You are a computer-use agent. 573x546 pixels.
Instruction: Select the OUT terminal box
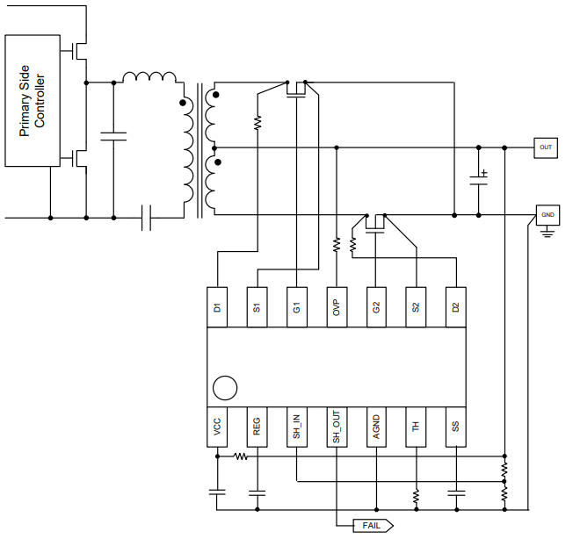point(546,147)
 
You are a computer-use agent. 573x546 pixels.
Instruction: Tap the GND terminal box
point(547,214)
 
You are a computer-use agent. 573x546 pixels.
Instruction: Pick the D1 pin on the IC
point(217,307)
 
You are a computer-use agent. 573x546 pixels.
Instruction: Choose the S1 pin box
point(257,307)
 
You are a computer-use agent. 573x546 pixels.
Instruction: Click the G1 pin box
point(297,307)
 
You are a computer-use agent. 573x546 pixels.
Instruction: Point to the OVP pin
point(336,307)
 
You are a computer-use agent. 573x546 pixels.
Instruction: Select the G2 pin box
point(376,307)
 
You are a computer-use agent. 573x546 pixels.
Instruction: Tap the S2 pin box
point(416,307)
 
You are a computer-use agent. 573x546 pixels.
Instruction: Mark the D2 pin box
point(455,307)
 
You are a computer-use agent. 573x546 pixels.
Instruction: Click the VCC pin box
point(217,428)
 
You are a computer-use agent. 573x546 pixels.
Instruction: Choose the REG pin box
point(257,428)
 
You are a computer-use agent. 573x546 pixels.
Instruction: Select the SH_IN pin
point(297,428)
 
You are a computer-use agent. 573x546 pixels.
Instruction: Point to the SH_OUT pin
point(336,428)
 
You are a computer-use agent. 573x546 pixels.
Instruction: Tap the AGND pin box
point(376,428)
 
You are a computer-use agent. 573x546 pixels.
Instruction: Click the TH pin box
point(416,428)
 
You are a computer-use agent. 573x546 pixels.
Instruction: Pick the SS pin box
point(455,428)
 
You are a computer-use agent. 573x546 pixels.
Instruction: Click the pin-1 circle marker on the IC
point(225,388)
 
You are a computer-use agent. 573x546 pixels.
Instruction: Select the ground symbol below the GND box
point(547,233)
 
